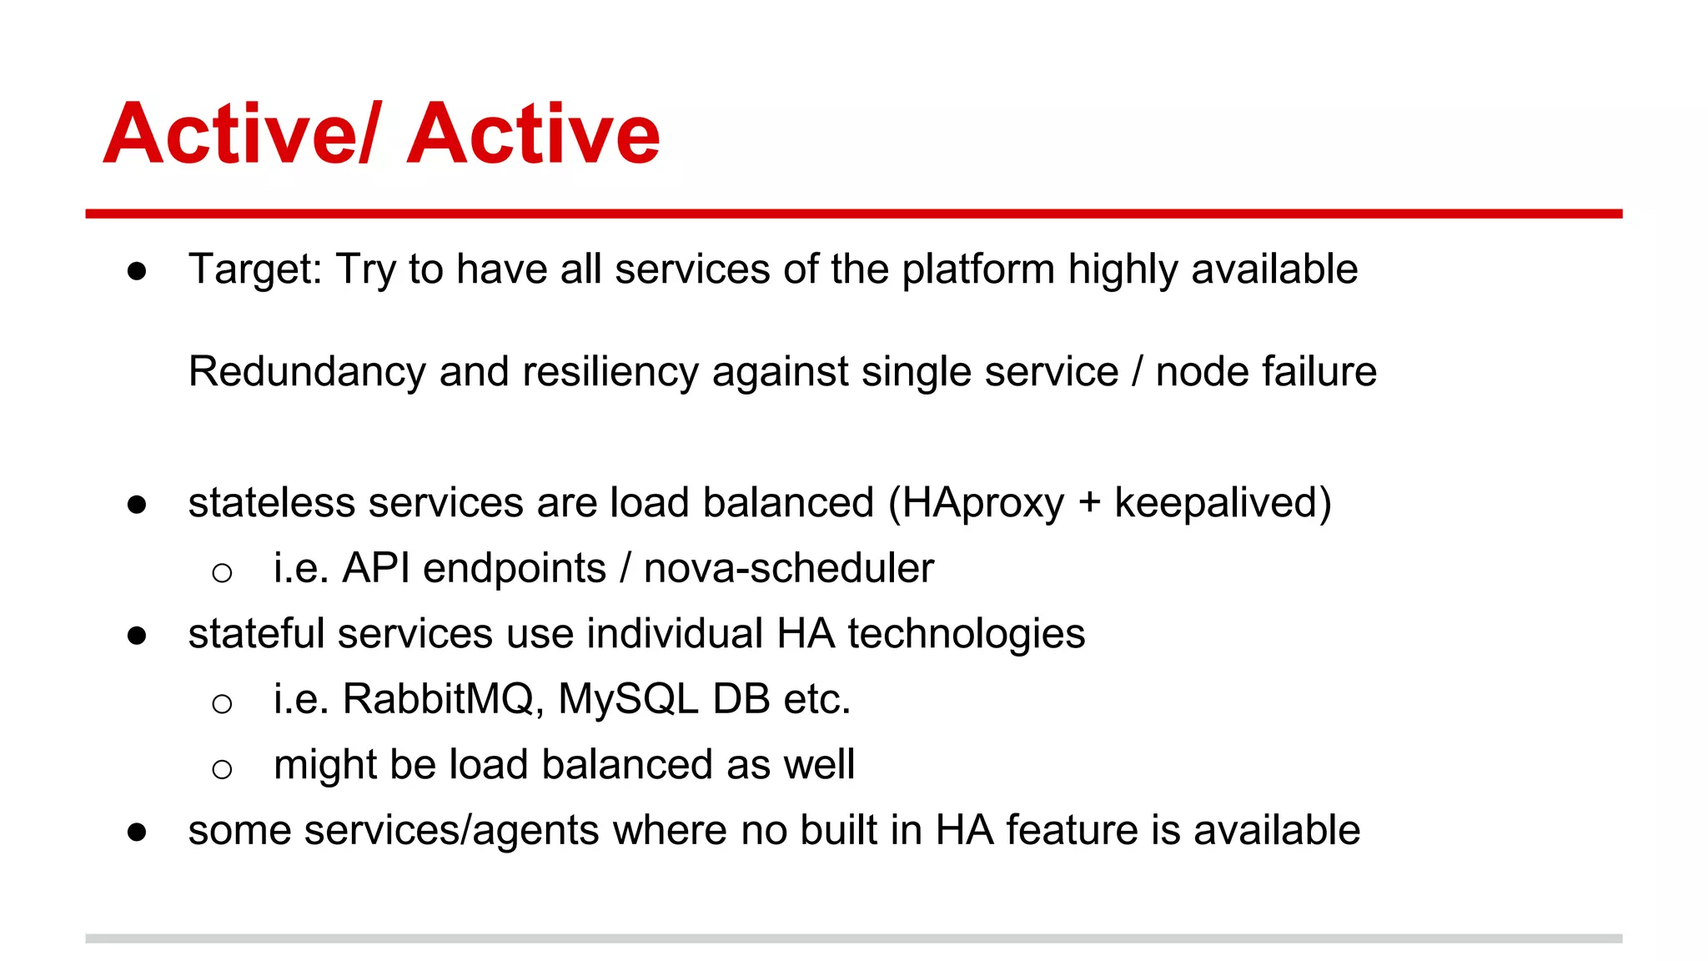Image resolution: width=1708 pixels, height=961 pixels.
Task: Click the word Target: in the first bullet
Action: coord(255,269)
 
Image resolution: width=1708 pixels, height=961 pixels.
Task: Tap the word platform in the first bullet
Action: coord(978,269)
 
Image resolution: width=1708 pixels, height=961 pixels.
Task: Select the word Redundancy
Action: coord(306,371)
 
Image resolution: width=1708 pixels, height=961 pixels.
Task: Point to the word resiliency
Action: coord(610,371)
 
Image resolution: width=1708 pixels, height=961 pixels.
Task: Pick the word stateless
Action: coord(271,503)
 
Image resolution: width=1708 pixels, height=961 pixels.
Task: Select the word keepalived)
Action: coord(1223,503)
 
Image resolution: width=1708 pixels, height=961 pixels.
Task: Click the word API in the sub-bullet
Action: coord(376,568)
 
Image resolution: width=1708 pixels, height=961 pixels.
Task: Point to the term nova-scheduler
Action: coord(788,568)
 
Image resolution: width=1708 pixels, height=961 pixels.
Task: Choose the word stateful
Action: coord(256,633)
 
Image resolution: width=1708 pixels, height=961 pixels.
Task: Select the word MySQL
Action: coord(627,699)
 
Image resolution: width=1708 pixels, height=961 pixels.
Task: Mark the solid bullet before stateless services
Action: coord(137,505)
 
